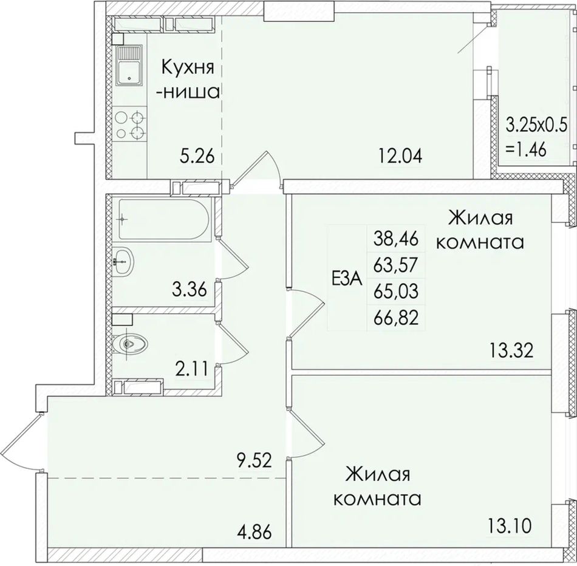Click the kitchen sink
(128, 69)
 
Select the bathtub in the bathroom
(164, 220)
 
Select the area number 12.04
(400, 156)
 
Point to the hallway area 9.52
(254, 460)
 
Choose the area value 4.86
(254, 533)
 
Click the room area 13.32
(511, 351)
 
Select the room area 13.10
(510, 525)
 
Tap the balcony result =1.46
(526, 150)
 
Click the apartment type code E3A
(347, 279)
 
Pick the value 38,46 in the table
(396, 239)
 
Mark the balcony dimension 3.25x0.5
(536, 124)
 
